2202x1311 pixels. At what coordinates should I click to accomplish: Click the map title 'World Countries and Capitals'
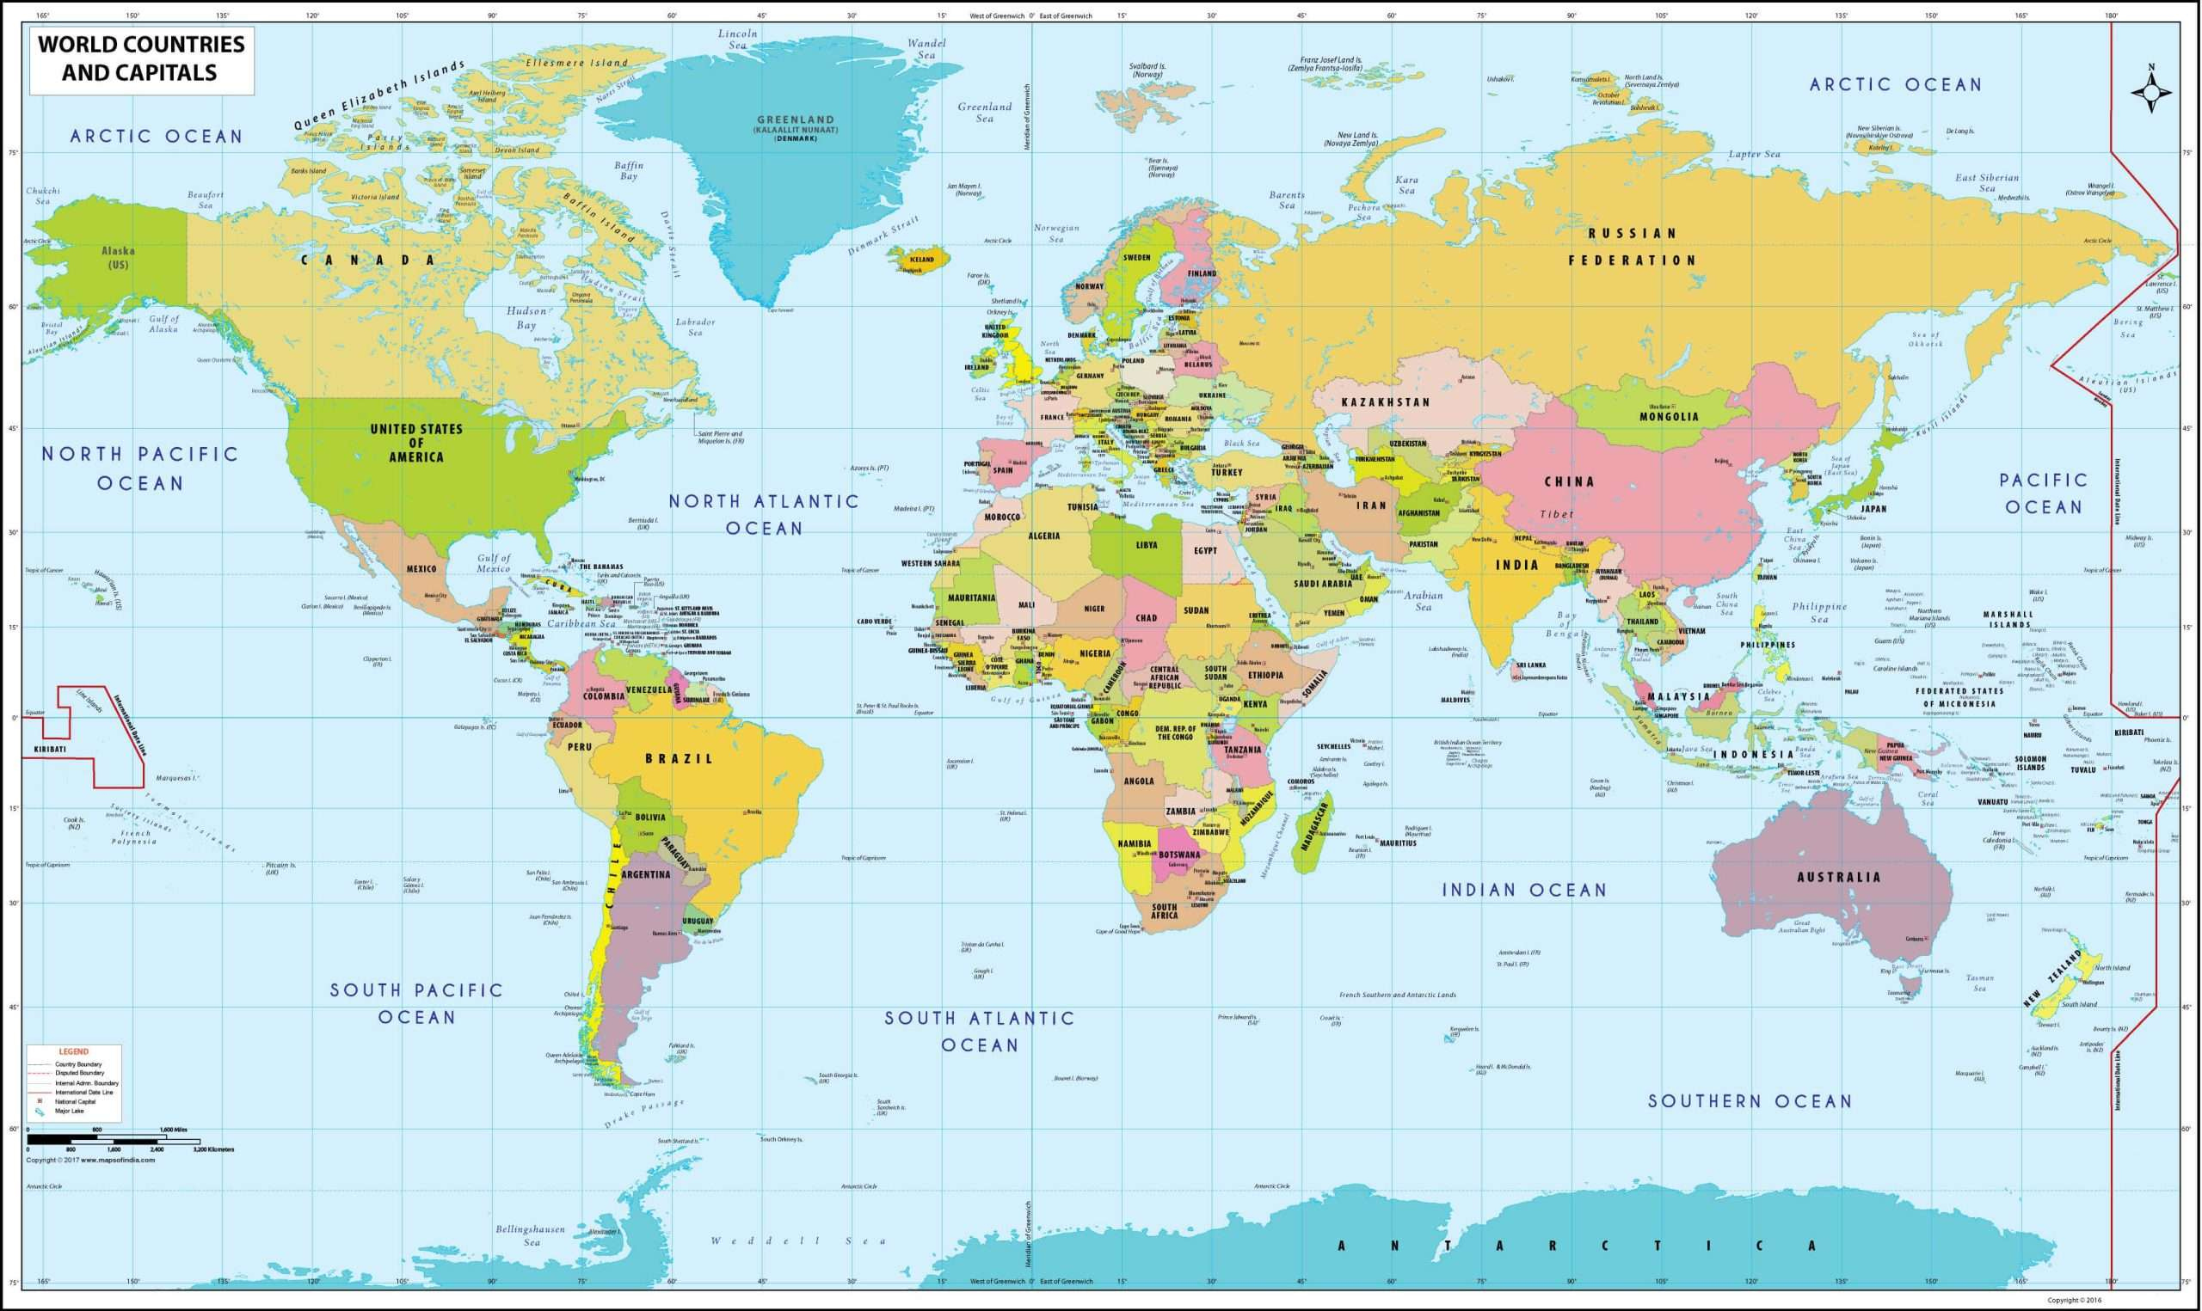pyautogui.click(x=141, y=58)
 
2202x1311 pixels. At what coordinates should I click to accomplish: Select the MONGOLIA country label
pyautogui.click(x=1669, y=417)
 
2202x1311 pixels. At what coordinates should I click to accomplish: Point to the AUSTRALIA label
pyautogui.click(x=1838, y=877)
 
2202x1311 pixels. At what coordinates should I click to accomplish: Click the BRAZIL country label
pyautogui.click(x=678, y=759)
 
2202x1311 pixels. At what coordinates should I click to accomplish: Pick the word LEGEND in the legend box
pyautogui.click(x=73, y=1051)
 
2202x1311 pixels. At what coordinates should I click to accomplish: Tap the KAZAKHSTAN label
pyautogui.click(x=1385, y=402)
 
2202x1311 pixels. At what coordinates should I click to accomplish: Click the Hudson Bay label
pyautogui.click(x=526, y=318)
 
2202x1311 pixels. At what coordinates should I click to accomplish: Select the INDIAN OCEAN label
pyautogui.click(x=1524, y=891)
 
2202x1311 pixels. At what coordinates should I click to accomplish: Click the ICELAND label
pyautogui.click(x=921, y=260)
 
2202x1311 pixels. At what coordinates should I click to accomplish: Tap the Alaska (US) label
pyautogui.click(x=118, y=257)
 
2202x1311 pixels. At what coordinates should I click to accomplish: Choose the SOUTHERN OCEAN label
pyautogui.click(x=1749, y=1100)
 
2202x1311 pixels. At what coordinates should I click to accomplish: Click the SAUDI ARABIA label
pyautogui.click(x=1322, y=584)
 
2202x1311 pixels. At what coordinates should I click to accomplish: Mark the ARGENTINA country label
pyautogui.click(x=646, y=874)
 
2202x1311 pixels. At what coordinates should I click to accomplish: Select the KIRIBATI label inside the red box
pyautogui.click(x=50, y=749)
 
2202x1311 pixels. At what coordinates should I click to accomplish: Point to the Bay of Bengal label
pyautogui.click(x=1565, y=625)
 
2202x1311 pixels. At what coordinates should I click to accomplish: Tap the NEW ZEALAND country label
pyautogui.click(x=2050, y=978)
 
